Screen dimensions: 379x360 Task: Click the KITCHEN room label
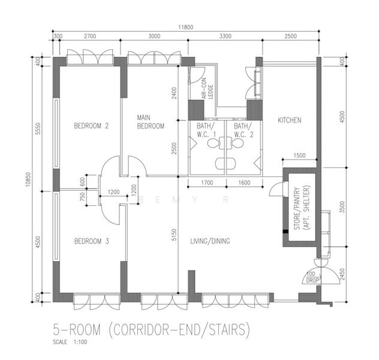point(289,120)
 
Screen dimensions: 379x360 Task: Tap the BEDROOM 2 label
point(91,126)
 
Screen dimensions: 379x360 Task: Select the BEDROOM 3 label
point(91,241)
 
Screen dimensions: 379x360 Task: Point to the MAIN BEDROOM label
point(151,122)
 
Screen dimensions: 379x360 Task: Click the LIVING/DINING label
point(210,241)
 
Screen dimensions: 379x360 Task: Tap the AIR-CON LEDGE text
point(207,89)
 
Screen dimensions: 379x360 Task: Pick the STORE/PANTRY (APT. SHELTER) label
point(302,208)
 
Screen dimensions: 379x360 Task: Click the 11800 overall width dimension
point(186,28)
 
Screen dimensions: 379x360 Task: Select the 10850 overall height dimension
point(28,179)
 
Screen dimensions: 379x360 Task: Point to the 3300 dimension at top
point(225,36)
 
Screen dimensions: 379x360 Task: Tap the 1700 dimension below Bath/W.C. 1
point(207,182)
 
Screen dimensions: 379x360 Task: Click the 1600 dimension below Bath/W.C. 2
point(244,182)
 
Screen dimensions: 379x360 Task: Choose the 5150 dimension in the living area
point(174,235)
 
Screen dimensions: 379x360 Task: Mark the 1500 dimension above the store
point(299,155)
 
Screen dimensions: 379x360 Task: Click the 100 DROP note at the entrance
point(311,277)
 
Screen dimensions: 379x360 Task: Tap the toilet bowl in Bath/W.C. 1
point(213,143)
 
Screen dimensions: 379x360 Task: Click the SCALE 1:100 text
point(70,342)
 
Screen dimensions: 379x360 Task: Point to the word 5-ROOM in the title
point(77,330)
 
